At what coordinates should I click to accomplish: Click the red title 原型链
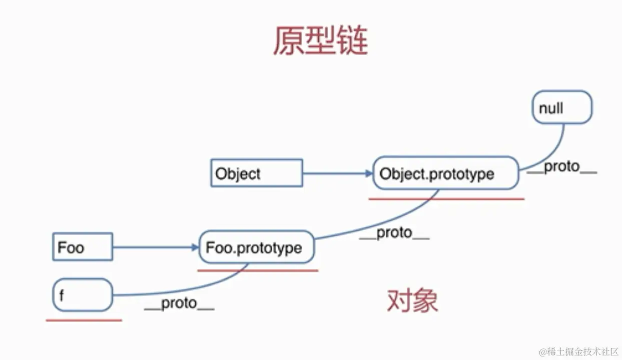pyautogui.click(x=320, y=40)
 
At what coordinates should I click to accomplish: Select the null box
pyautogui.click(x=562, y=107)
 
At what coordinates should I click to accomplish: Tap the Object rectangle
pyautogui.click(x=257, y=173)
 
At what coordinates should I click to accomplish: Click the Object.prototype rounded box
pyautogui.click(x=445, y=173)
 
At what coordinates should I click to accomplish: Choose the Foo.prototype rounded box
pyautogui.click(x=257, y=247)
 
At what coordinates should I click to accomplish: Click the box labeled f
pyautogui.click(x=83, y=295)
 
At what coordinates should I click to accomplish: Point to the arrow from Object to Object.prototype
pyautogui.click(x=338, y=173)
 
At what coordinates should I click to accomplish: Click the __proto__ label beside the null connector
pyautogui.click(x=562, y=167)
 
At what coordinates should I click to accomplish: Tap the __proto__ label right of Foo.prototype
pyautogui.click(x=394, y=233)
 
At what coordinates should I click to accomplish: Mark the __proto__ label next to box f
pyautogui.click(x=179, y=304)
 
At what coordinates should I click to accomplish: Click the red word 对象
pyautogui.click(x=412, y=301)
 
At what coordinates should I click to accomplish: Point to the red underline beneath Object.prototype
pyautogui.click(x=446, y=199)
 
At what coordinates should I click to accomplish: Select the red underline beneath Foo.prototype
pyautogui.click(x=258, y=270)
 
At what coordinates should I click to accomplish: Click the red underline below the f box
pyautogui.click(x=84, y=320)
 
